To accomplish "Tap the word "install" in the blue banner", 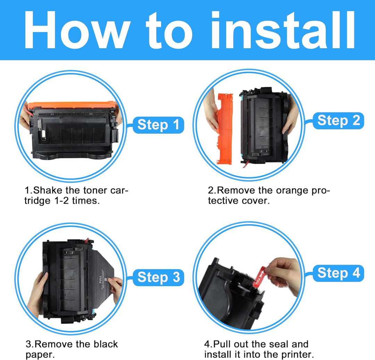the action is (x=282, y=30).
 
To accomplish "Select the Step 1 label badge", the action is (x=158, y=125).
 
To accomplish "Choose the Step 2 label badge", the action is (x=339, y=121).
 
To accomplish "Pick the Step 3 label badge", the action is (x=158, y=277).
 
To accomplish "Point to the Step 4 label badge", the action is (x=339, y=273).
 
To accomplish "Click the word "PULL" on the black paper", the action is (x=100, y=279).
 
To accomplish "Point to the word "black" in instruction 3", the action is (x=106, y=344).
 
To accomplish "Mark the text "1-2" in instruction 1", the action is (x=61, y=201).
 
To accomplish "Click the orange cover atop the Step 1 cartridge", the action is (x=72, y=105).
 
